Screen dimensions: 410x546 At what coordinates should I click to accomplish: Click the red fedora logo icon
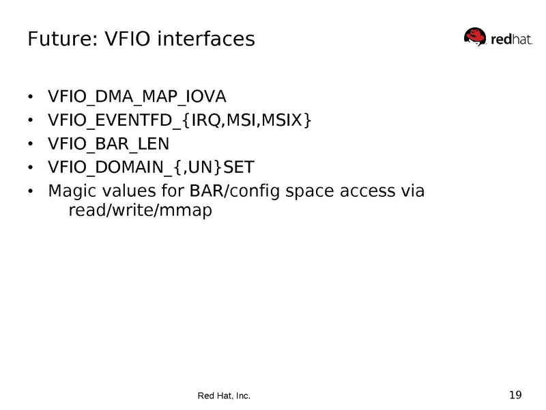[x=476, y=37]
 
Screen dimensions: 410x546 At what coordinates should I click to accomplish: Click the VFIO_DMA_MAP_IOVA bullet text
[x=136, y=96]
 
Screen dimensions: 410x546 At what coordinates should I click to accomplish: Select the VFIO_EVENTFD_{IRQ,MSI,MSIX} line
[x=179, y=120]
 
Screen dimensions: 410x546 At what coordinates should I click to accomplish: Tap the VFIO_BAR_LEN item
[x=109, y=144]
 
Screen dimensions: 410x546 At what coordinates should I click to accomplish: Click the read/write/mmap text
[x=141, y=210]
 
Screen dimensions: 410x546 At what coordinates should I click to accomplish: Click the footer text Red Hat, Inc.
[x=224, y=396]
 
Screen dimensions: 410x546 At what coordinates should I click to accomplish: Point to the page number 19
[x=515, y=394]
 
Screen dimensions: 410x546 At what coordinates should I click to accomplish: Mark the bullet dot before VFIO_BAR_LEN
[x=31, y=145]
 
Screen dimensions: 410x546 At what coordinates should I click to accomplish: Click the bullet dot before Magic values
[x=31, y=191]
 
